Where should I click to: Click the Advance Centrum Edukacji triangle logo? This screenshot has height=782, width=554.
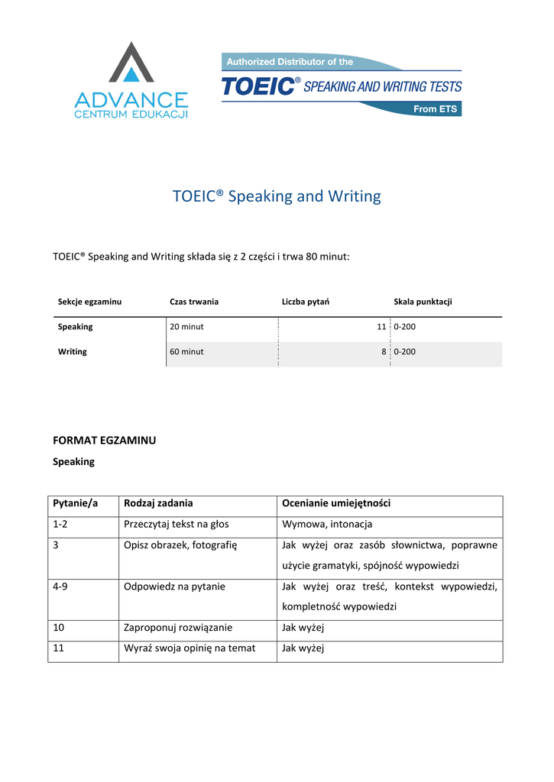pos(131,63)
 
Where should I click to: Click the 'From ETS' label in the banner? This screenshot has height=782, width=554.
pos(435,109)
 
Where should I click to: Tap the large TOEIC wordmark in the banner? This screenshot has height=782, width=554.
pos(258,86)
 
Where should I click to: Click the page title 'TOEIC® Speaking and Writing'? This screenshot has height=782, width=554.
pos(277,196)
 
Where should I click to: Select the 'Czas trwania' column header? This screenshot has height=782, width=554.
pos(194,302)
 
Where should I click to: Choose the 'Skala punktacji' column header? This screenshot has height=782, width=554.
pos(423,302)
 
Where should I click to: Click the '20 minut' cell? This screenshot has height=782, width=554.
pos(186,327)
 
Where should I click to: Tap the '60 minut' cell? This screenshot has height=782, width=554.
pos(186,352)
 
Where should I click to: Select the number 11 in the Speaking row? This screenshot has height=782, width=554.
pos(381,327)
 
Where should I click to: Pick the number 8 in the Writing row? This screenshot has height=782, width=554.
pos(383,352)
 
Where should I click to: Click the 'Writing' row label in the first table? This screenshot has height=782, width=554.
pos(73,352)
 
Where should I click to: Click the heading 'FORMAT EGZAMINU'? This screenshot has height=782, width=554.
pos(104,441)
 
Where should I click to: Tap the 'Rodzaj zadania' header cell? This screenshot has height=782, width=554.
pos(158,503)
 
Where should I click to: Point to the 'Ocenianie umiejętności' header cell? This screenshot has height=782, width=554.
pos(336,503)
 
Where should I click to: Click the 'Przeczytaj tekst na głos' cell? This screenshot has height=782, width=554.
pos(177,524)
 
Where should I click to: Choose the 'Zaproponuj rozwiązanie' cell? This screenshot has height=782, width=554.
pos(178,628)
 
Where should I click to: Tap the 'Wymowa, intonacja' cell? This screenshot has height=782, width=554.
pos(327,524)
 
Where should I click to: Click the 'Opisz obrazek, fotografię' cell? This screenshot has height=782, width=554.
pos(181,545)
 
